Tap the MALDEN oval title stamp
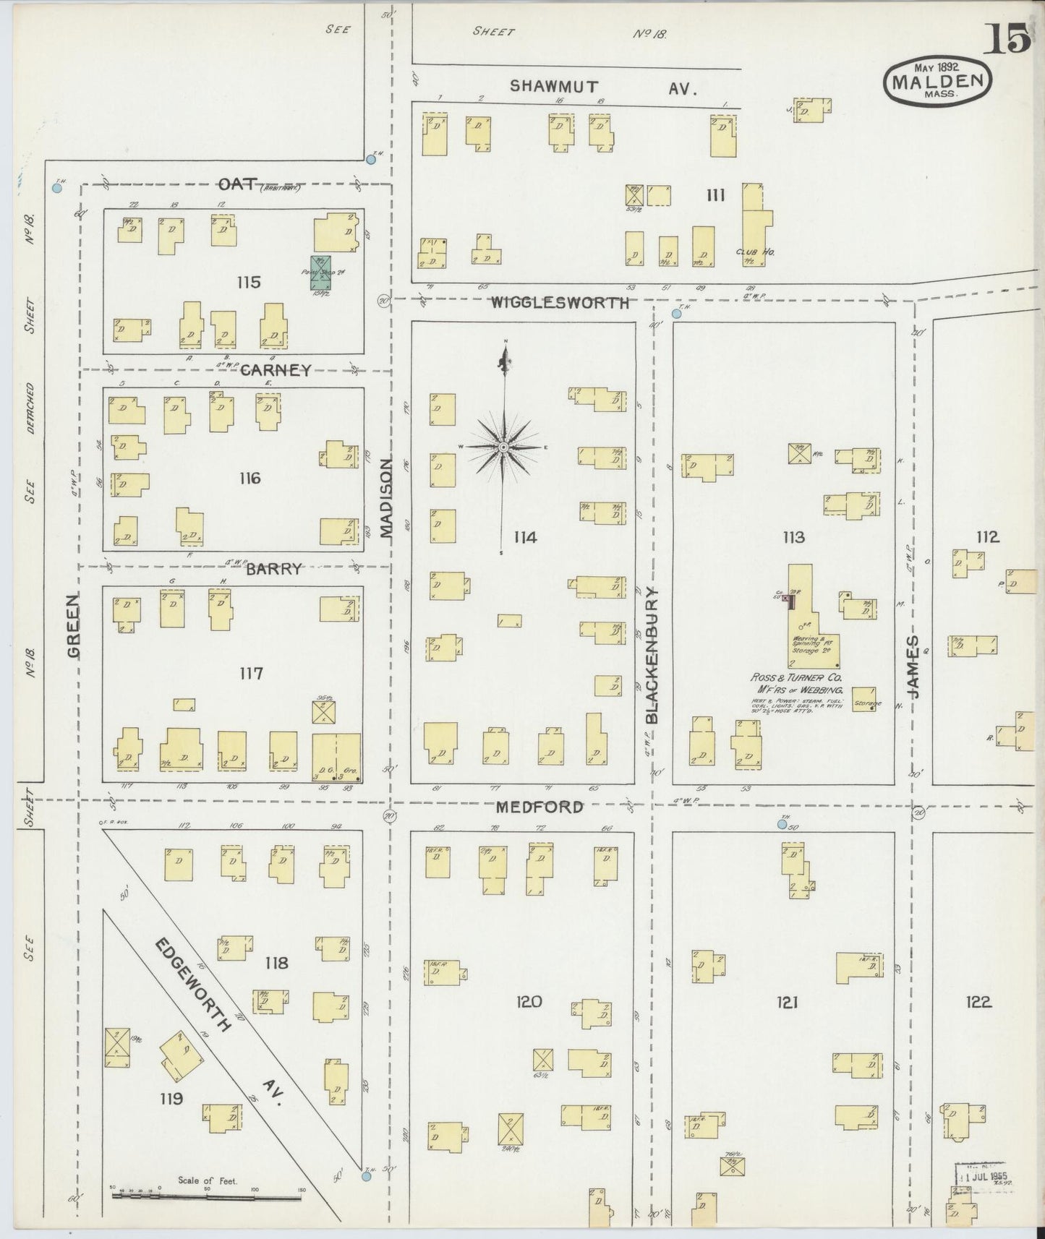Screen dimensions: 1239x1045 coord(937,81)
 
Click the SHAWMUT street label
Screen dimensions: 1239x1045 coord(554,86)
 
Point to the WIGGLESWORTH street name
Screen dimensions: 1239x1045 coord(560,304)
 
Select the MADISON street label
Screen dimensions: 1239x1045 coord(385,499)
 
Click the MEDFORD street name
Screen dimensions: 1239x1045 coord(539,807)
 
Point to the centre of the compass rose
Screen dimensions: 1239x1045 coord(503,448)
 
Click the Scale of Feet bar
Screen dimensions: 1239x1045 coord(206,1196)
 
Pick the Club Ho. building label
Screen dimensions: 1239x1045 coord(755,252)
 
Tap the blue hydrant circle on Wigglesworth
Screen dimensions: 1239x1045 coord(676,314)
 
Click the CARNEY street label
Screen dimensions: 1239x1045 coord(275,370)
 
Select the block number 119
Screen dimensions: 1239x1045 coord(172,1099)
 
